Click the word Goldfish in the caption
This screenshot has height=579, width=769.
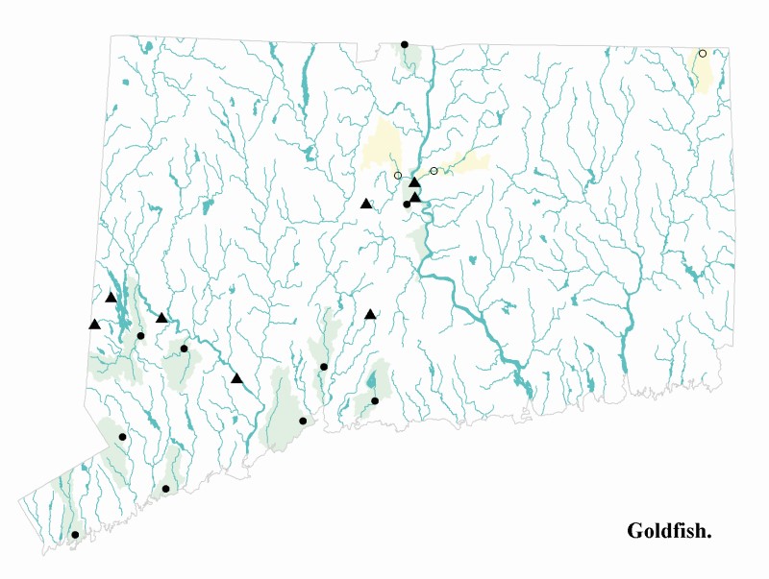(x=669, y=531)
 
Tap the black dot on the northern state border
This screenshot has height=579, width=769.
(x=405, y=44)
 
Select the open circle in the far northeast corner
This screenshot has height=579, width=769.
(x=703, y=54)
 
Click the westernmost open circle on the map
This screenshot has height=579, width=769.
(x=398, y=176)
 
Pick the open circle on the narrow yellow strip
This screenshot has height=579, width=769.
(x=434, y=171)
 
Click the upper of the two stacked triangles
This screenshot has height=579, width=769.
(x=414, y=182)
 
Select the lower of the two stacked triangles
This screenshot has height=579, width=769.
(x=415, y=197)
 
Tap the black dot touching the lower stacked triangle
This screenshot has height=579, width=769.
(x=407, y=204)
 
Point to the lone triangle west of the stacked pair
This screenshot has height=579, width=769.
(x=365, y=204)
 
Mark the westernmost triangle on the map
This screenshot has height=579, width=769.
(x=94, y=325)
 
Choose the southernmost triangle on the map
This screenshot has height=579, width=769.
(x=236, y=378)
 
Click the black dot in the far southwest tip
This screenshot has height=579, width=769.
(x=75, y=535)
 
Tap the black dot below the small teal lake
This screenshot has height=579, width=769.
(x=375, y=401)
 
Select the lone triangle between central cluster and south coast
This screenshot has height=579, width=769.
(x=370, y=314)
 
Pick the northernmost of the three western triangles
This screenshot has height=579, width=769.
(x=111, y=298)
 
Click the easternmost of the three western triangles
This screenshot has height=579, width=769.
(x=161, y=318)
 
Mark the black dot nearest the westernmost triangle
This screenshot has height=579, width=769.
(x=140, y=336)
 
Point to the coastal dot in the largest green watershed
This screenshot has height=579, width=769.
(x=303, y=421)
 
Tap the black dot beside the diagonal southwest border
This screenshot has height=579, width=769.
(x=122, y=437)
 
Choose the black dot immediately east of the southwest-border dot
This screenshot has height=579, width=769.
(x=165, y=489)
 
